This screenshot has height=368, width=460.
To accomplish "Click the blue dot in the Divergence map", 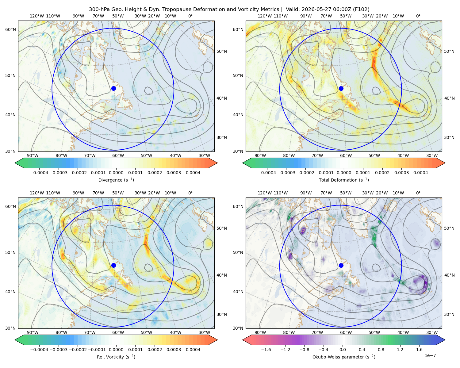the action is [x=113, y=88].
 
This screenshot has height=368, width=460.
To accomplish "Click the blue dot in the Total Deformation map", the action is [x=341, y=88].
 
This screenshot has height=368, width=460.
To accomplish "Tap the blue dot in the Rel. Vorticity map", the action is [x=113, y=265].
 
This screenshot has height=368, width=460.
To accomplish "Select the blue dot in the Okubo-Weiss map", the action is [x=341, y=265].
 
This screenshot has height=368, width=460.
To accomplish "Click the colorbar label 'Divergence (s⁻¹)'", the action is [x=116, y=180].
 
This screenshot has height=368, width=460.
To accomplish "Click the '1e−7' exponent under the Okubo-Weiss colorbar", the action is [x=430, y=355].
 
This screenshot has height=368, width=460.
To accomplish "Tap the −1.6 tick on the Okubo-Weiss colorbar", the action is [x=266, y=349].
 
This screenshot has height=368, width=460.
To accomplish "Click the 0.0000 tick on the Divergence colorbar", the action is [x=116, y=173].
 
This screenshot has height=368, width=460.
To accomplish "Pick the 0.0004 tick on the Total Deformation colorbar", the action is [x=420, y=173].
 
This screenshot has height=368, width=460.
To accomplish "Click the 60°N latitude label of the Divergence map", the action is [x=10, y=29].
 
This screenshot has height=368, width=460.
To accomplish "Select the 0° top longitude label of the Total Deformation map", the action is [x=418, y=16].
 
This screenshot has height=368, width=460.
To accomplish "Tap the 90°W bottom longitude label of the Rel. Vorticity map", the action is [x=33, y=332].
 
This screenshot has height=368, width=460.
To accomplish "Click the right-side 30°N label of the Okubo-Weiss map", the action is [x=449, y=314].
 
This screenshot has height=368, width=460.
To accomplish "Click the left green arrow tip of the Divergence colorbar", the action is [x=15, y=163].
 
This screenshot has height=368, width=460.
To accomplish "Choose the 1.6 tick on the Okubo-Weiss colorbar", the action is [x=420, y=349].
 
